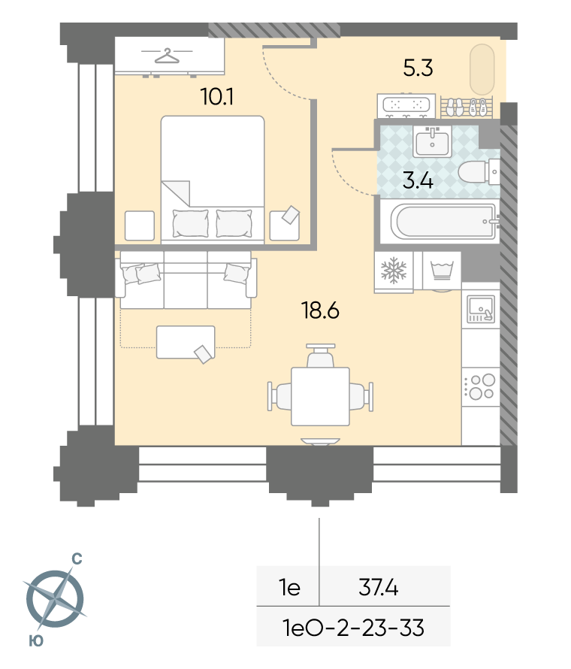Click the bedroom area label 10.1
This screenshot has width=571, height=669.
coord(217,97)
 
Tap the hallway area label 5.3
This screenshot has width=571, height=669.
coord(418,68)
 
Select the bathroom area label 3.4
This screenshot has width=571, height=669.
coord(418,180)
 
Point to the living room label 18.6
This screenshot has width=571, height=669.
coord(320,310)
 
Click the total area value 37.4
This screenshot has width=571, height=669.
coord(378,588)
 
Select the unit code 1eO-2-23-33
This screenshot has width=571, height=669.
coord(354,628)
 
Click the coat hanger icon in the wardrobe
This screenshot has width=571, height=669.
coord(167,56)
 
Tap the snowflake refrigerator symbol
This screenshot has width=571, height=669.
coord(394,270)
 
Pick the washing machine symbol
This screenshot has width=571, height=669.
coord(442,271)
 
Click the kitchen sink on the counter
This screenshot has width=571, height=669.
coord(481,309)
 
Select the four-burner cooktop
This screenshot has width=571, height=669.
coord(481,387)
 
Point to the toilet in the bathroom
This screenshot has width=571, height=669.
coord(479,172)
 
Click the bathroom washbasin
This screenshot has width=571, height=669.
coord(432,141)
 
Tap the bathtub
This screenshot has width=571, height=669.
coord(444,222)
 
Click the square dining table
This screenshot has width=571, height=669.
coord(320,396)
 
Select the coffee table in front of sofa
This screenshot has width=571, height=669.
coord(186,342)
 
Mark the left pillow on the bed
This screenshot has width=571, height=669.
coord(190,223)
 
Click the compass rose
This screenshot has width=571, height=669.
coord(55,598)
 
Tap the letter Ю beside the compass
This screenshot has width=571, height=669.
coord(36,641)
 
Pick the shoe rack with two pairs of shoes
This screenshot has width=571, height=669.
coord(466,107)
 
